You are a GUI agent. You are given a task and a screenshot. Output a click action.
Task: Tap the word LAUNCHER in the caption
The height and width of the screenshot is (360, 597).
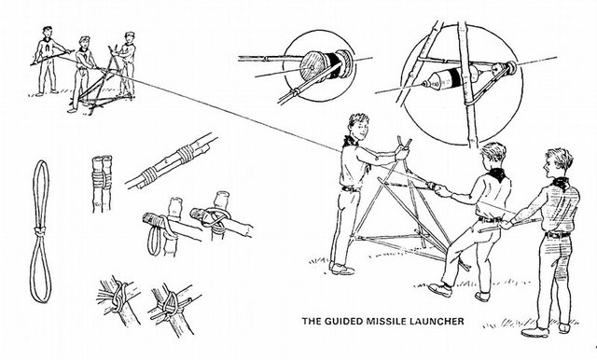point(437,321)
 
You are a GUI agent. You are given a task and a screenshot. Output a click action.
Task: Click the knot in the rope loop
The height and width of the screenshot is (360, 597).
point(39,230)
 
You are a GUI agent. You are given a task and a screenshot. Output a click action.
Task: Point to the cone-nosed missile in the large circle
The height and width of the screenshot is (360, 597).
point(450,78)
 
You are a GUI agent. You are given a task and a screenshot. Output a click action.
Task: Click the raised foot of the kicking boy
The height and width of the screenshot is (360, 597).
point(440,290)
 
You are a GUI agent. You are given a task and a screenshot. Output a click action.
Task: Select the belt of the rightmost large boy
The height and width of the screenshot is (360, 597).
point(557,235)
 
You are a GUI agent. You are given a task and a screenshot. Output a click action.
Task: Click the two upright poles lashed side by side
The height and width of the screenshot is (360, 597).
point(102,184)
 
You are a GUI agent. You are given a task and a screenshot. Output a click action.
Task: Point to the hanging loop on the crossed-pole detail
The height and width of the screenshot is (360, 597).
point(154,241)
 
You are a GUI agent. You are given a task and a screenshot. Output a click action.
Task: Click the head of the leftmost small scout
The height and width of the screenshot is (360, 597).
point(48,32)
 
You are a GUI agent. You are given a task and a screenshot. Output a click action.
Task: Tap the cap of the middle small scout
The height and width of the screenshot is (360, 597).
point(84,38)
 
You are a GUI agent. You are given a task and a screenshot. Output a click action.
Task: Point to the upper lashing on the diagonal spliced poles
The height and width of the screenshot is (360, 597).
point(186,153)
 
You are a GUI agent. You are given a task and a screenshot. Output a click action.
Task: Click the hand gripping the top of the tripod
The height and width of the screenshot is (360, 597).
point(402,152)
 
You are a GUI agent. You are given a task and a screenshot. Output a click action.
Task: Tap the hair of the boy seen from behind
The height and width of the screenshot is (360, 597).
point(493,151)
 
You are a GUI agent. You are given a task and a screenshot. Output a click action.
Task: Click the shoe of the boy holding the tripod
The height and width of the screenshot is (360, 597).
point(341,270)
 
